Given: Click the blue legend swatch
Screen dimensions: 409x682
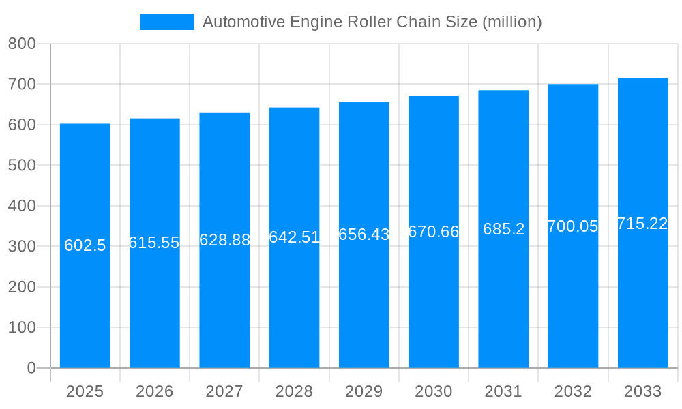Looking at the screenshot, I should pos(166,22).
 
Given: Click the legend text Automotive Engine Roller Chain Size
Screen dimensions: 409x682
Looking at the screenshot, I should pos(372,22).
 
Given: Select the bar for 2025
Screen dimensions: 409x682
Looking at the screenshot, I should pos(85,307).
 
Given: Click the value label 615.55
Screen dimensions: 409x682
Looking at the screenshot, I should pos(155,243).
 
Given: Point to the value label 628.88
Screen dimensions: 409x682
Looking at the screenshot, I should pos(224,240).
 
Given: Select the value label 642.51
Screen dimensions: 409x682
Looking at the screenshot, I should pos(294,237).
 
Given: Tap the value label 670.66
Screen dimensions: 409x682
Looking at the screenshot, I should pos(434,232).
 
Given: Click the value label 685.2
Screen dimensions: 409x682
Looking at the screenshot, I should pos(503,229).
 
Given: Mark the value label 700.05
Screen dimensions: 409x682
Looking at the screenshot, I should pos(573,226).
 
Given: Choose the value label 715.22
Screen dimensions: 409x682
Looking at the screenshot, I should pos(642,224).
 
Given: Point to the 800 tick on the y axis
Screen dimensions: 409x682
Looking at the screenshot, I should pos(22,44).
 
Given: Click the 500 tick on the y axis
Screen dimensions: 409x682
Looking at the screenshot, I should pos(22,165).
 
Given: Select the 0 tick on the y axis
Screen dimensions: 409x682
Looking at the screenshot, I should pos(31,368).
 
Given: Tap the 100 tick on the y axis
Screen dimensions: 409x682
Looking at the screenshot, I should pos(22,327).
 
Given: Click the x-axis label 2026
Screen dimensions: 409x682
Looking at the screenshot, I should pos(155,391).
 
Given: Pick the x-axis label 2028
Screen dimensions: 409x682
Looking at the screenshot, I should pos(294,391).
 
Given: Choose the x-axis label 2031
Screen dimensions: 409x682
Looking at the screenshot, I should pos(503,391).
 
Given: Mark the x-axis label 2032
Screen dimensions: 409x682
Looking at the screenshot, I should pos(573,391).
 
